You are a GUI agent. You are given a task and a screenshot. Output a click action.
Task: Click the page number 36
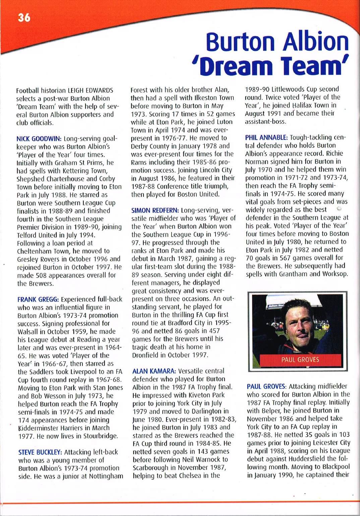point(24,17)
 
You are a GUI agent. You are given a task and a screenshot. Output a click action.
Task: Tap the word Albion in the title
point(316,42)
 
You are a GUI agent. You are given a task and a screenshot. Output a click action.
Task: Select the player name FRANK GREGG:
point(38,299)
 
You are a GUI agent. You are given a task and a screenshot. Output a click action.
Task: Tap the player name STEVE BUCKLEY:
point(40,452)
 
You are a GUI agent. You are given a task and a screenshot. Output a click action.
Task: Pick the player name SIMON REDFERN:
point(155,210)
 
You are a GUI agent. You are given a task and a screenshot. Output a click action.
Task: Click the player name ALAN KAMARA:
point(154,371)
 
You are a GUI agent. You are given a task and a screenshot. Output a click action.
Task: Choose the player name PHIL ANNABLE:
point(266,137)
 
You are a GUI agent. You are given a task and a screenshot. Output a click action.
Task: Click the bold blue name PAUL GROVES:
point(266,386)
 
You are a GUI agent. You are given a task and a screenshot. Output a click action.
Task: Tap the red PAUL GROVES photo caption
point(300,360)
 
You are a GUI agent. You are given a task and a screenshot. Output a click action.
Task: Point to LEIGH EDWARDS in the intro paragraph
point(91,90)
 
